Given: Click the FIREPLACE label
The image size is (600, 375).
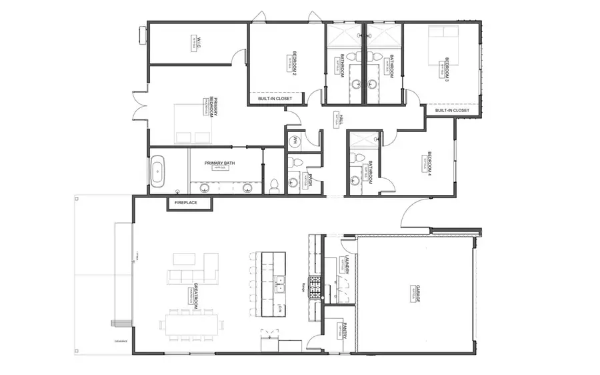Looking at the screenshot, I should [188, 202].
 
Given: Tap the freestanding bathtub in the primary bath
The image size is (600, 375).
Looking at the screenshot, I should [158, 171].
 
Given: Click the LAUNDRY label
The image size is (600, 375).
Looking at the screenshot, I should [347, 266].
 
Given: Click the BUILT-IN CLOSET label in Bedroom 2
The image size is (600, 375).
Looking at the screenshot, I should [275, 99].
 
